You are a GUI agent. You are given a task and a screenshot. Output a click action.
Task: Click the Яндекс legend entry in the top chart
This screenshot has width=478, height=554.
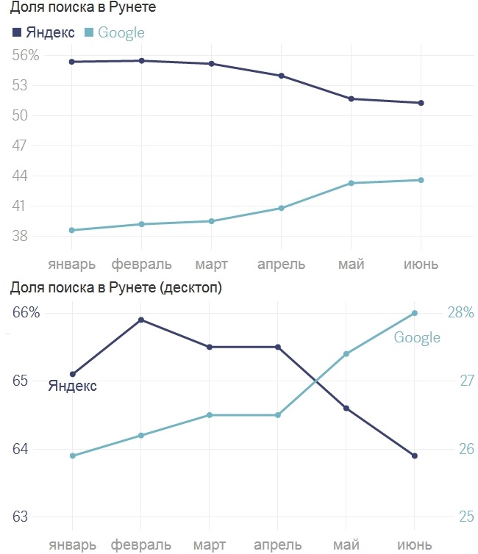point(44,32)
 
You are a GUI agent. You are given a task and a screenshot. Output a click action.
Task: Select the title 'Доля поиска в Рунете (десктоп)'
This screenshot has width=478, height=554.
point(116,287)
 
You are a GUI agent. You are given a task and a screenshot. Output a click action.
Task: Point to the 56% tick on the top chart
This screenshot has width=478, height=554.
point(25,56)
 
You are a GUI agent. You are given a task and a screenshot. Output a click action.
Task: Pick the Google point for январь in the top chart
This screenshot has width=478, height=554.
point(72,230)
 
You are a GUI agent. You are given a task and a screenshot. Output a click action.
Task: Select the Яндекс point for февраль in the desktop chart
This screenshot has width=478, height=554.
point(141,320)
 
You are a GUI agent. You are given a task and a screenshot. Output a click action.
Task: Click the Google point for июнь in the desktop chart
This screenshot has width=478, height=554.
point(415,313)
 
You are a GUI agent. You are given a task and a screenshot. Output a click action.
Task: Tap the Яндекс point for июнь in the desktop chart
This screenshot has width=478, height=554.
point(415,456)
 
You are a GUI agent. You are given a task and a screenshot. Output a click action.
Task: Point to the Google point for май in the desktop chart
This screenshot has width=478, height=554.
point(346,353)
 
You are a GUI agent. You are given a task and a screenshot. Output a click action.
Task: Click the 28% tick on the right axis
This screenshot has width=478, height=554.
point(460,312)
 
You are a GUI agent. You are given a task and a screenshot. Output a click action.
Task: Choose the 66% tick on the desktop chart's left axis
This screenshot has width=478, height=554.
point(26,312)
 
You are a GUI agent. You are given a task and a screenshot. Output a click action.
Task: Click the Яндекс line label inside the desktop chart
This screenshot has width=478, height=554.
point(72,386)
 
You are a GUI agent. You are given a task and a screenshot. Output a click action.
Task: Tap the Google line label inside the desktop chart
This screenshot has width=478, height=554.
point(417,337)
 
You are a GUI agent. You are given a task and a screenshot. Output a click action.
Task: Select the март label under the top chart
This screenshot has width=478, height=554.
point(211,264)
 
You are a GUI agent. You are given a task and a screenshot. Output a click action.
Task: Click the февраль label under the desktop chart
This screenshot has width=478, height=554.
point(141,545)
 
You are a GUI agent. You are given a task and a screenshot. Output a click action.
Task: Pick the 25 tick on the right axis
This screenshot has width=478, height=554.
point(467,517)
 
